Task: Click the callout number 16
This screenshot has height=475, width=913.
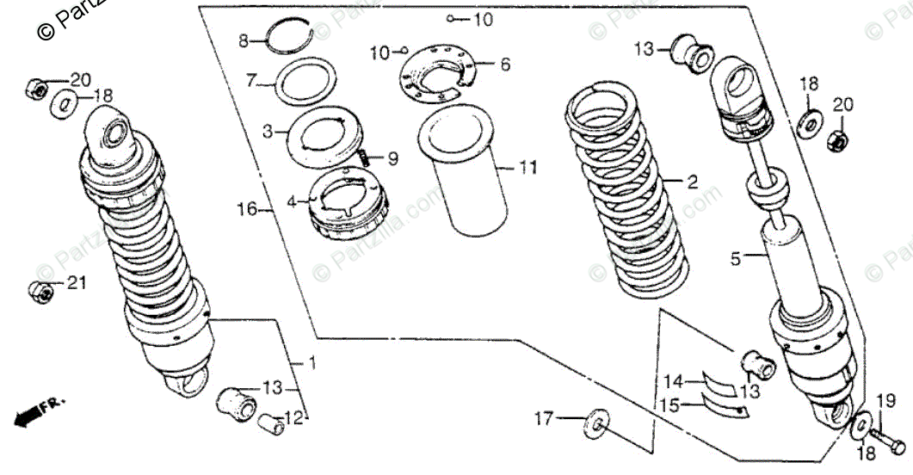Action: tap(247, 209)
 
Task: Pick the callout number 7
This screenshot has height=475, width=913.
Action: tap(251, 82)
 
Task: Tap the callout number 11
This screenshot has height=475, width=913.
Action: tap(527, 168)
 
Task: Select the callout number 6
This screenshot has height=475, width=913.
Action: tap(505, 64)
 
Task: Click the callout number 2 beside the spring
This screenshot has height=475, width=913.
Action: tap(690, 182)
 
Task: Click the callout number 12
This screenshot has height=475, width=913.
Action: tap(294, 418)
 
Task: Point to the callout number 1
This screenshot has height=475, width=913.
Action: tap(312, 364)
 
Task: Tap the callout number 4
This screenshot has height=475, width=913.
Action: tap(291, 202)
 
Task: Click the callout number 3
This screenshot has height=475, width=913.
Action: tap(268, 133)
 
